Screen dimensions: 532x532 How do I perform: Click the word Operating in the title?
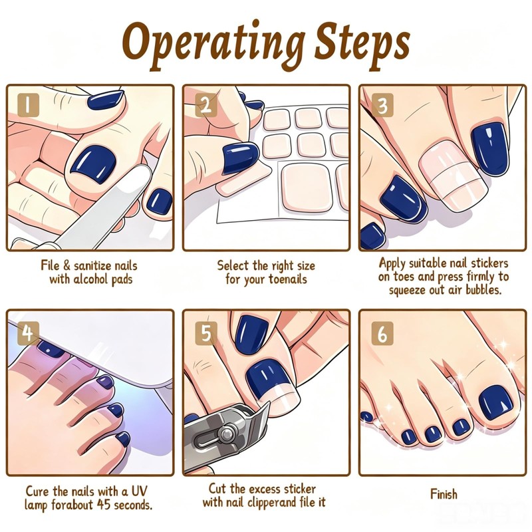coord(213,45)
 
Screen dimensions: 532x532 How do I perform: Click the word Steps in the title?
coord(362,46)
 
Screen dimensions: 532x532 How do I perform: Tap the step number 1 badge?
coord(28,105)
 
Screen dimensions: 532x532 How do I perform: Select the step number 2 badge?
coord(205,105)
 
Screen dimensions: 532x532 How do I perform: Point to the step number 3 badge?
coord(382,105)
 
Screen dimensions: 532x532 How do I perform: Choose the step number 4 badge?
coord(28,333)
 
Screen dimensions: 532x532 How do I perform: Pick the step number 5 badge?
coord(205,333)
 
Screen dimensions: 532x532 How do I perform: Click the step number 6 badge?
coord(382,333)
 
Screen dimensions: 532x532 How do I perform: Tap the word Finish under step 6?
coord(444,493)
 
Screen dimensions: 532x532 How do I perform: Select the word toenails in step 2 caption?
coord(288,279)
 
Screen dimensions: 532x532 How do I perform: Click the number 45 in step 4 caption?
coord(104,505)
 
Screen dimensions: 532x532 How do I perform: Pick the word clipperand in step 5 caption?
coord(271,502)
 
